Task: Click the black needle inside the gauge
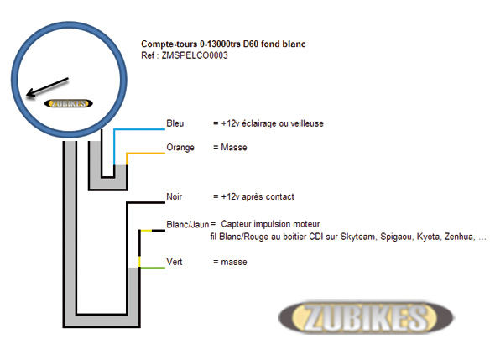[47, 86]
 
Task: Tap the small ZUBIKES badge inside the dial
[69, 103]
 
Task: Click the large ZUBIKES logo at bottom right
[366, 317]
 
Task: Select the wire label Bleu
[175, 123]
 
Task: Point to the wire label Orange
[180, 148]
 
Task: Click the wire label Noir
[174, 196]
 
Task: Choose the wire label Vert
[175, 262]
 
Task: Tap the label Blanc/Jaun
[188, 224]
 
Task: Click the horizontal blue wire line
[139, 129]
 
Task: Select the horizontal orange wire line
[145, 154]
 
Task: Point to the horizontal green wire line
[153, 268]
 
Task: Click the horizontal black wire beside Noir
[145, 202]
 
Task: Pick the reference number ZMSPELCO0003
[195, 55]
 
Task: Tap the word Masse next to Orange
[234, 147]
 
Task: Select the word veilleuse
[307, 123]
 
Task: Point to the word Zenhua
[460, 237]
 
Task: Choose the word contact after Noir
[279, 196]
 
